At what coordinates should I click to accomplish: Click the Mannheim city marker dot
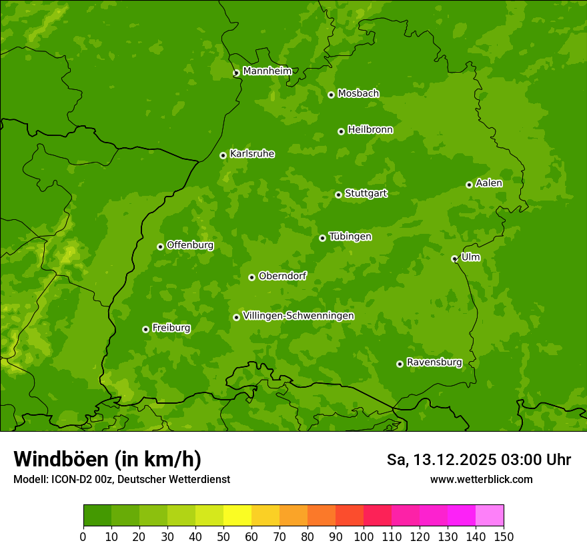(236, 73)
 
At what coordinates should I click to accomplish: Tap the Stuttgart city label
(366, 194)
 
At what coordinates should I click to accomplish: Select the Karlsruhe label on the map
(251, 154)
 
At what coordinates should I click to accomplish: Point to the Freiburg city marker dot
(145, 329)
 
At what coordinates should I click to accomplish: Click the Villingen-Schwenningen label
(298, 316)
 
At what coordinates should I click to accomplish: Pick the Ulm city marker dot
(454, 259)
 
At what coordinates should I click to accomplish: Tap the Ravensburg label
(434, 362)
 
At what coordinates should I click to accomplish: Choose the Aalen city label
(488, 183)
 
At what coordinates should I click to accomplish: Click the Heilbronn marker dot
(341, 131)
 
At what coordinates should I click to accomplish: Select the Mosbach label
(358, 94)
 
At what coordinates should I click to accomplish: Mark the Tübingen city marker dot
(322, 238)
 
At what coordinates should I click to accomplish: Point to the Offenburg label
(189, 245)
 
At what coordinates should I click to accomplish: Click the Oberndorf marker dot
(251, 277)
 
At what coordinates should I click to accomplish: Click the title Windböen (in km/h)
(107, 459)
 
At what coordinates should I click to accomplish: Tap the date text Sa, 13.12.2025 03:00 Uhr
(478, 460)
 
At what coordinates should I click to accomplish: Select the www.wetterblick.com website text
(481, 479)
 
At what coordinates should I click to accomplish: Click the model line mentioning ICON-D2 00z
(121, 479)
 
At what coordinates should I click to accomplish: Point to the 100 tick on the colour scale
(364, 536)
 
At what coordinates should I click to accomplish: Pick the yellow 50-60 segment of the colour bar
(237, 516)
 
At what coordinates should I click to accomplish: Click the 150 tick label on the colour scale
(503, 536)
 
